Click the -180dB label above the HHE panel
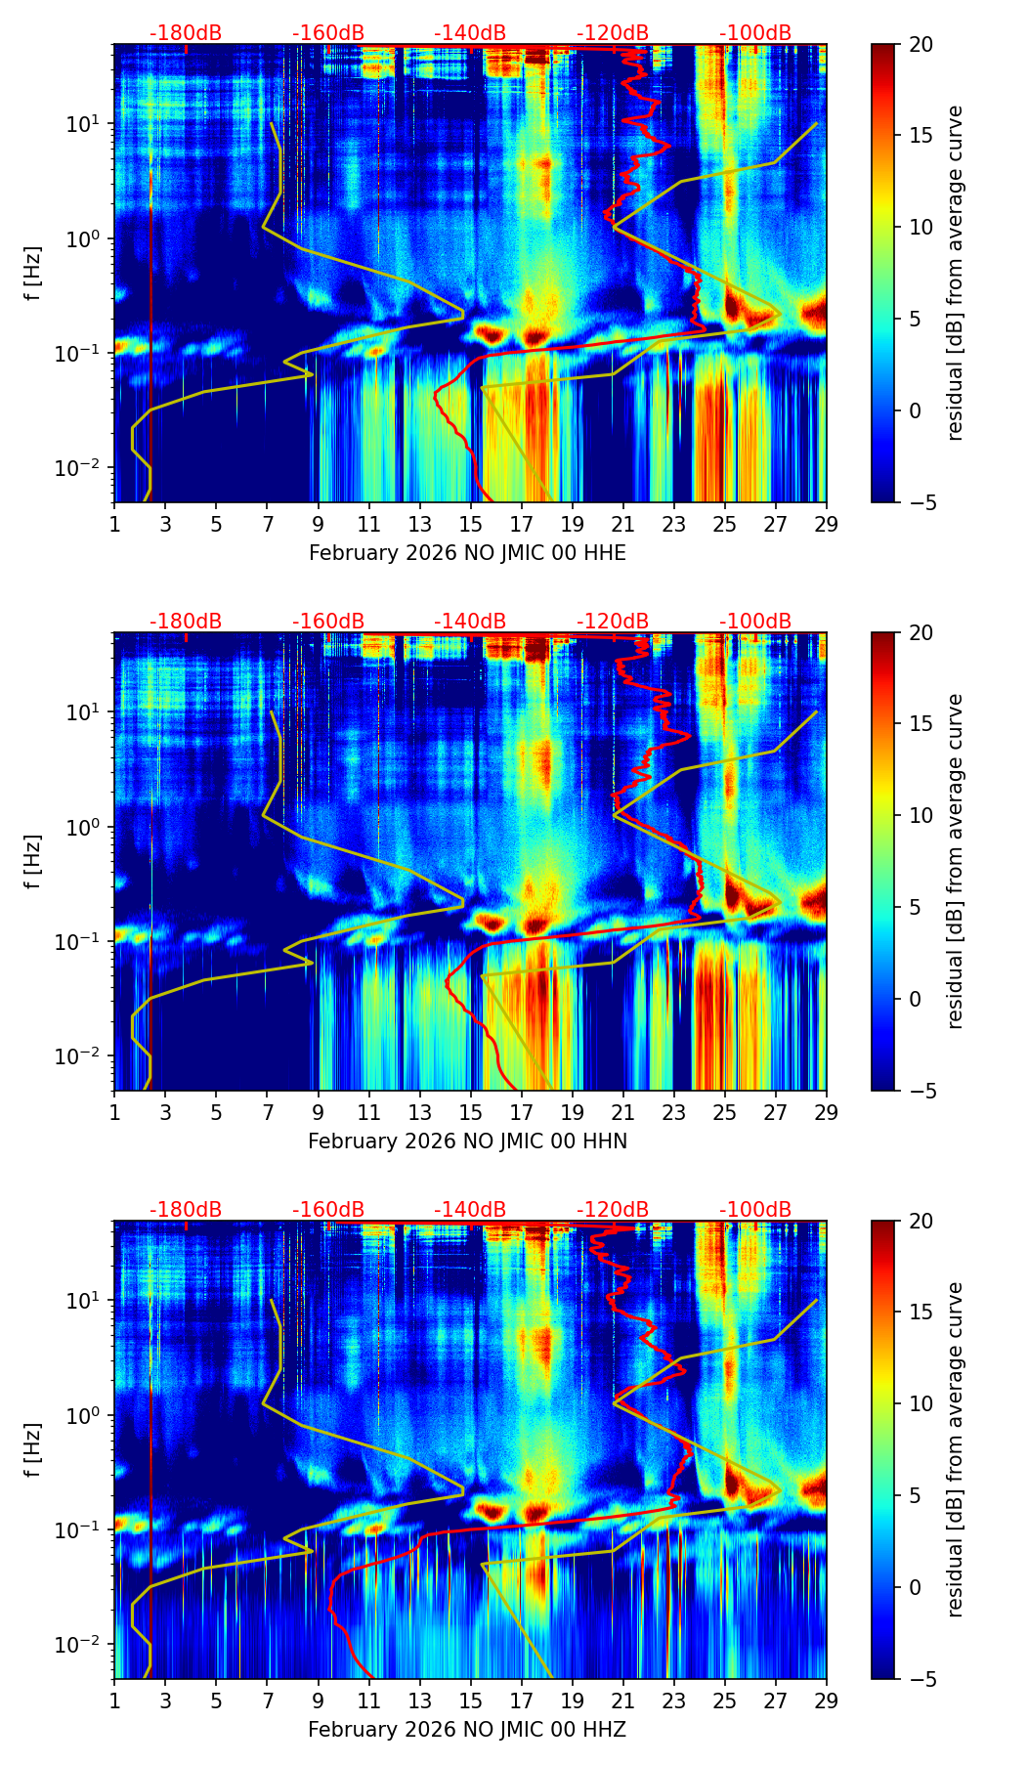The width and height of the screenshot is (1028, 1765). (186, 33)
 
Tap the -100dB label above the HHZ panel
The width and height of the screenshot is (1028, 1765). (755, 1210)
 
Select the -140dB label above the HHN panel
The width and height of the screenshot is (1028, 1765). (470, 622)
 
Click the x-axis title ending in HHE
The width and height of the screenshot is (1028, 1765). (467, 553)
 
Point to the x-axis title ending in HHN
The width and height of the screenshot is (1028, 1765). (467, 1141)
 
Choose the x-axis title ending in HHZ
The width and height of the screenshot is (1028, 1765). (467, 1730)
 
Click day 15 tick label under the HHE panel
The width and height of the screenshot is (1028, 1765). (471, 524)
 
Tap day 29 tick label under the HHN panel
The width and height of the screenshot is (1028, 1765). (827, 1112)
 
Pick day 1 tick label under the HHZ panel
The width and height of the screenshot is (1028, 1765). (114, 1700)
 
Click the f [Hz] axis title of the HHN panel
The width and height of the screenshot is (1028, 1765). (33, 861)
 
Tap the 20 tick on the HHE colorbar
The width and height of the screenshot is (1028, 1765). (921, 44)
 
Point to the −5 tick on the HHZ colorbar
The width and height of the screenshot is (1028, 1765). (921, 1679)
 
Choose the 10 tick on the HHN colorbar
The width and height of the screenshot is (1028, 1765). (921, 815)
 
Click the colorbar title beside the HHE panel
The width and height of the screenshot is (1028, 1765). (955, 273)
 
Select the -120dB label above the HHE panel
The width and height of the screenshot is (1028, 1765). (613, 33)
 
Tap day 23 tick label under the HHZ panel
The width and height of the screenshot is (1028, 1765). (674, 1700)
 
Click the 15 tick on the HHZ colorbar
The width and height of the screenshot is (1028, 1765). (921, 1313)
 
